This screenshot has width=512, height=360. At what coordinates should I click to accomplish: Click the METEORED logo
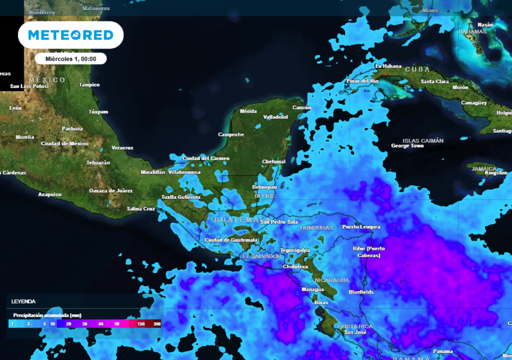pos(70,35)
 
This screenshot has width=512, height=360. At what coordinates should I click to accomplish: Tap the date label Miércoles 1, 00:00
pos(70,58)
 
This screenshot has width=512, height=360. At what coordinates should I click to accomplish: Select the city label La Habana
pos(388,66)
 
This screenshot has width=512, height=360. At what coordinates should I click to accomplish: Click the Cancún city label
pos(301,107)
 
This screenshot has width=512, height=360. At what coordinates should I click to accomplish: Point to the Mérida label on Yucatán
pos(248,111)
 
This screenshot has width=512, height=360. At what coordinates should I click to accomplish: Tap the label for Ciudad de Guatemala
pos(231,240)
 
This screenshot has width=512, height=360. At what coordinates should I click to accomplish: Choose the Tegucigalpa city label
pos(295,250)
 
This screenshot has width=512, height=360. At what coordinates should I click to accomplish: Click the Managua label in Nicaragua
pos(312,289)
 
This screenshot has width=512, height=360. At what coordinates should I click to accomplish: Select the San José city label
pos(355,332)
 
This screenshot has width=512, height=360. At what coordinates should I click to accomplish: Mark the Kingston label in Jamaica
pos(496,173)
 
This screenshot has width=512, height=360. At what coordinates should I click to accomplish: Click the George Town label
pos(407,146)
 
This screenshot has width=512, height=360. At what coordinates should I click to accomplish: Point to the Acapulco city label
pos(49,194)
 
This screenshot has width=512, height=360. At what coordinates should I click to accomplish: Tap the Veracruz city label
pos(122,147)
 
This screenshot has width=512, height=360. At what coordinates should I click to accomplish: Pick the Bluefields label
pos(361,292)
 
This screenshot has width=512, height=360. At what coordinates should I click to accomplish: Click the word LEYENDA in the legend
pos(23,301)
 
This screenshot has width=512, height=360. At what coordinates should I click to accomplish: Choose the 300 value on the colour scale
pos(157,324)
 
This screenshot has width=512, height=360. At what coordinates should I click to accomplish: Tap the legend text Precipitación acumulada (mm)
pos(47,315)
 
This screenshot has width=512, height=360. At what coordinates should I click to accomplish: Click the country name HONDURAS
pos(316,227)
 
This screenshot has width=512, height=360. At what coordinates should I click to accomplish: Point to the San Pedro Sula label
pos(279,222)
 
